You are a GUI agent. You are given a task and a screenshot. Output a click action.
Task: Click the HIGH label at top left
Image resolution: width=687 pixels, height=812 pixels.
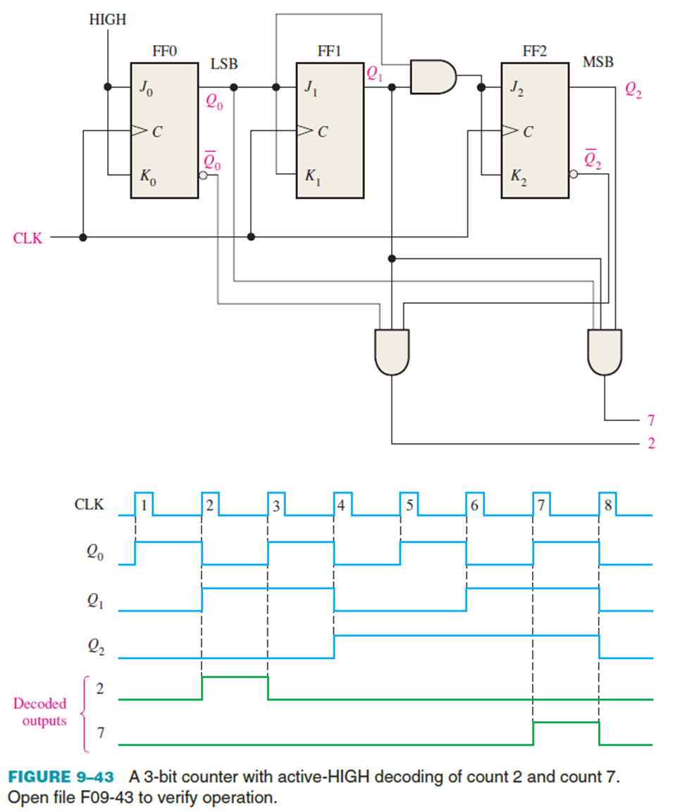pyautogui.click(x=107, y=20)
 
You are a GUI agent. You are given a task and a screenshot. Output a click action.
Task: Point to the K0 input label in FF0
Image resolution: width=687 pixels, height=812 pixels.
pyautogui.click(x=145, y=175)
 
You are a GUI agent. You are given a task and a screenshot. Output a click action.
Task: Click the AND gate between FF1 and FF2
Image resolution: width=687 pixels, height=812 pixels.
pyautogui.click(x=432, y=76)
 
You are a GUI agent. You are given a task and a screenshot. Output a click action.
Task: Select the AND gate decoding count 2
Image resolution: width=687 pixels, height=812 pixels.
pyautogui.click(x=392, y=351)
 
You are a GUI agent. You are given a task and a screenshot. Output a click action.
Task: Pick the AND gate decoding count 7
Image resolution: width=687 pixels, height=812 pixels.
pyautogui.click(x=605, y=351)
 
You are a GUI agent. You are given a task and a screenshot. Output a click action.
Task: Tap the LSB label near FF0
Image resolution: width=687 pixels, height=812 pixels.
pyautogui.click(x=223, y=64)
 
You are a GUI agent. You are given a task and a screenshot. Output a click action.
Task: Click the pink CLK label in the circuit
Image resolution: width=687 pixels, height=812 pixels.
pyautogui.click(x=27, y=238)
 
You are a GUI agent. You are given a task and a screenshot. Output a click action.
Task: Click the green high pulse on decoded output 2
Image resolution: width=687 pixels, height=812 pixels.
pyautogui.click(x=235, y=677)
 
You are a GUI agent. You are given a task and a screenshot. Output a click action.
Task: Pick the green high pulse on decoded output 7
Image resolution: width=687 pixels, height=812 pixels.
pyautogui.click(x=566, y=723)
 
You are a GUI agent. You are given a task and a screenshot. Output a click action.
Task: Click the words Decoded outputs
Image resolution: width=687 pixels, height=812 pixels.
pyautogui.click(x=40, y=711)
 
